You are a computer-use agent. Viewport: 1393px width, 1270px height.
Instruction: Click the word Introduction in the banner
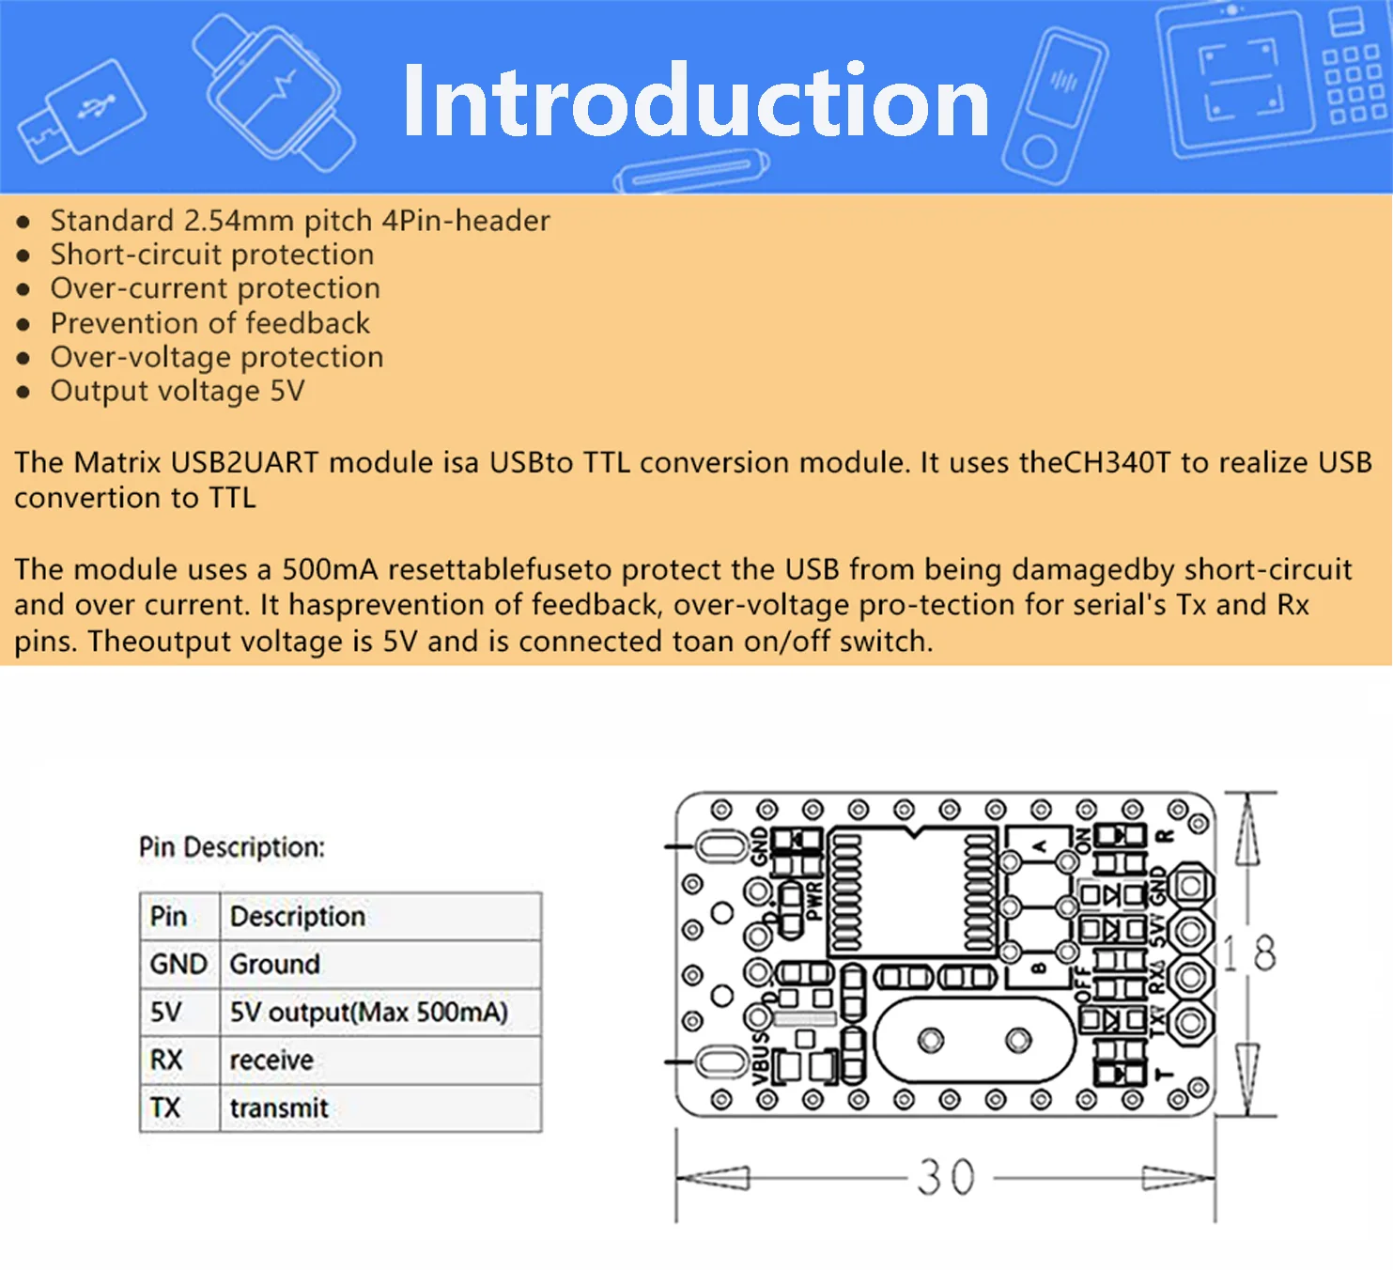click(x=695, y=101)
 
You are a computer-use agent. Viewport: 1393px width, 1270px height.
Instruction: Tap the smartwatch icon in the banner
click(x=273, y=92)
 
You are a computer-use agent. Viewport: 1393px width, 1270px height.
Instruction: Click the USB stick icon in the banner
click(x=83, y=113)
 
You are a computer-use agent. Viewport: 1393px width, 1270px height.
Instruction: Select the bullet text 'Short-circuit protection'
click(x=211, y=255)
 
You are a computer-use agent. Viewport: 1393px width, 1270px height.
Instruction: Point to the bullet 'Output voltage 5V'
click(x=177, y=391)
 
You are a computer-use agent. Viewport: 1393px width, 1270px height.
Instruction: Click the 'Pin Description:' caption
click(x=231, y=847)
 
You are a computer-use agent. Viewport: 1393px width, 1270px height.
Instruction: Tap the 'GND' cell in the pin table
click(x=178, y=964)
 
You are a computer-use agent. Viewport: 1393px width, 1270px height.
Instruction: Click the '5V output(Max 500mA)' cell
click(x=368, y=1012)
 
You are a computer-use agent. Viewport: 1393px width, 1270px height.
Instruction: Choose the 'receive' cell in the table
click(x=271, y=1060)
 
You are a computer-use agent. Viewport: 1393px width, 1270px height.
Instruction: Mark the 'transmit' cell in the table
click(x=279, y=1107)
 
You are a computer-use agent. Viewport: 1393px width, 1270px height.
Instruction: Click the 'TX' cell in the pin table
click(x=165, y=1107)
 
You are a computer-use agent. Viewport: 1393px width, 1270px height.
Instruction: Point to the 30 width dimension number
click(x=946, y=1177)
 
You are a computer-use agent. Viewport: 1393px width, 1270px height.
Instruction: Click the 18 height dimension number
click(x=1250, y=953)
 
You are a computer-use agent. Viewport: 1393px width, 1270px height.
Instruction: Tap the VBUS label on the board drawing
click(x=760, y=1058)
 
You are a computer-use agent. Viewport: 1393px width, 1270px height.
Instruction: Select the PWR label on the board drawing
click(x=813, y=899)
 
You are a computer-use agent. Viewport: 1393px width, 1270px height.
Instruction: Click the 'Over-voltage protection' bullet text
click(x=216, y=357)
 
